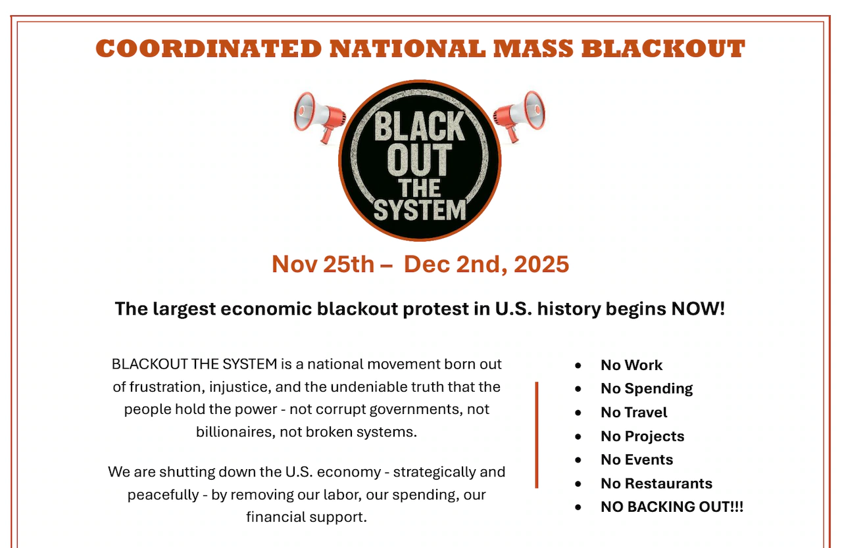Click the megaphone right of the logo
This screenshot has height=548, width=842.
pyautogui.click(x=520, y=116)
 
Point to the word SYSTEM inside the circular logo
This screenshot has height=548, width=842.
pyautogui.click(x=420, y=210)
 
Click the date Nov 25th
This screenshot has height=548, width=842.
pyautogui.click(x=322, y=264)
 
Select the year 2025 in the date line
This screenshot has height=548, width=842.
pyautogui.click(x=541, y=264)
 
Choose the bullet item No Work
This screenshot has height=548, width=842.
pyautogui.click(x=631, y=365)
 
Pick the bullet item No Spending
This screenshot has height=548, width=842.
pyautogui.click(x=647, y=389)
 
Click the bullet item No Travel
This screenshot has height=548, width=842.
pyautogui.click(x=633, y=413)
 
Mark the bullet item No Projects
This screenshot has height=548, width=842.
pyautogui.click(x=642, y=436)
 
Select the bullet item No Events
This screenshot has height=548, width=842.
pyautogui.click(x=637, y=460)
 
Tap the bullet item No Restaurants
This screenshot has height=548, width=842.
pyautogui.click(x=656, y=484)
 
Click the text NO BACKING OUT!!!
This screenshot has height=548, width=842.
pyautogui.click(x=672, y=507)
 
